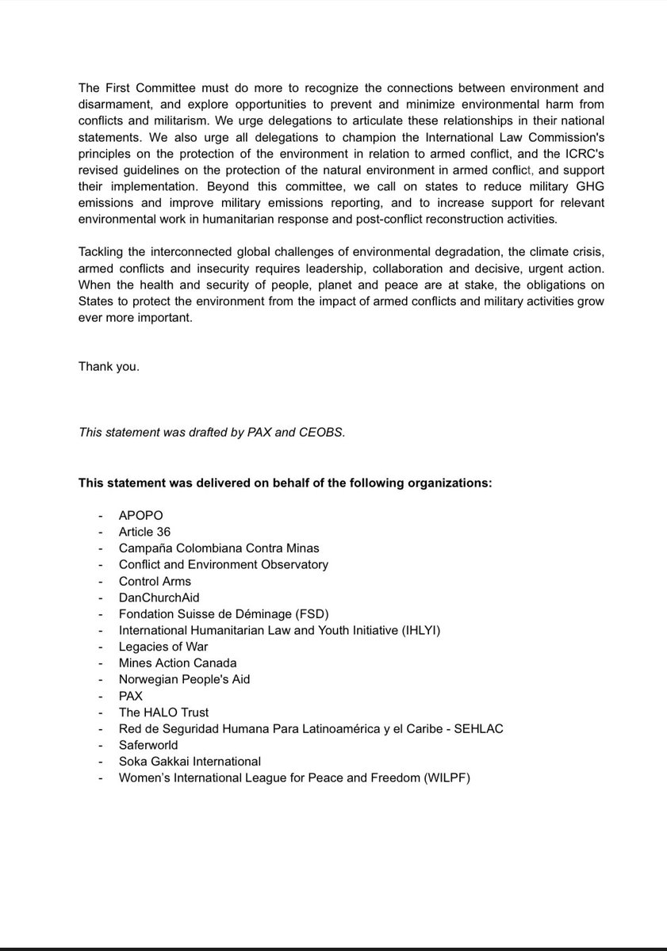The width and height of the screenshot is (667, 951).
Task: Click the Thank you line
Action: coord(109,366)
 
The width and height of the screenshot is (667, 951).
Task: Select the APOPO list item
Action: coord(140,515)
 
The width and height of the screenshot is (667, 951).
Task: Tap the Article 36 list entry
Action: coord(144,532)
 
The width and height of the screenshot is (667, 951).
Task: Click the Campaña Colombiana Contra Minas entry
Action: coord(219,548)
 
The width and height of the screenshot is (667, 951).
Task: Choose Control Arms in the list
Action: coord(155,581)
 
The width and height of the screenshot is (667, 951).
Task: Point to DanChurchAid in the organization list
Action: coord(159,598)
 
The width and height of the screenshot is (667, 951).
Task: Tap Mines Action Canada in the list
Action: coord(178,663)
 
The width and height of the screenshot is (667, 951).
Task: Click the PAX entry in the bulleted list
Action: coord(131,696)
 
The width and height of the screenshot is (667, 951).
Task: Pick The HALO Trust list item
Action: coord(163,712)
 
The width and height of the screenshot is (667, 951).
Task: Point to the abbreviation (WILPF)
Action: coord(444,778)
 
